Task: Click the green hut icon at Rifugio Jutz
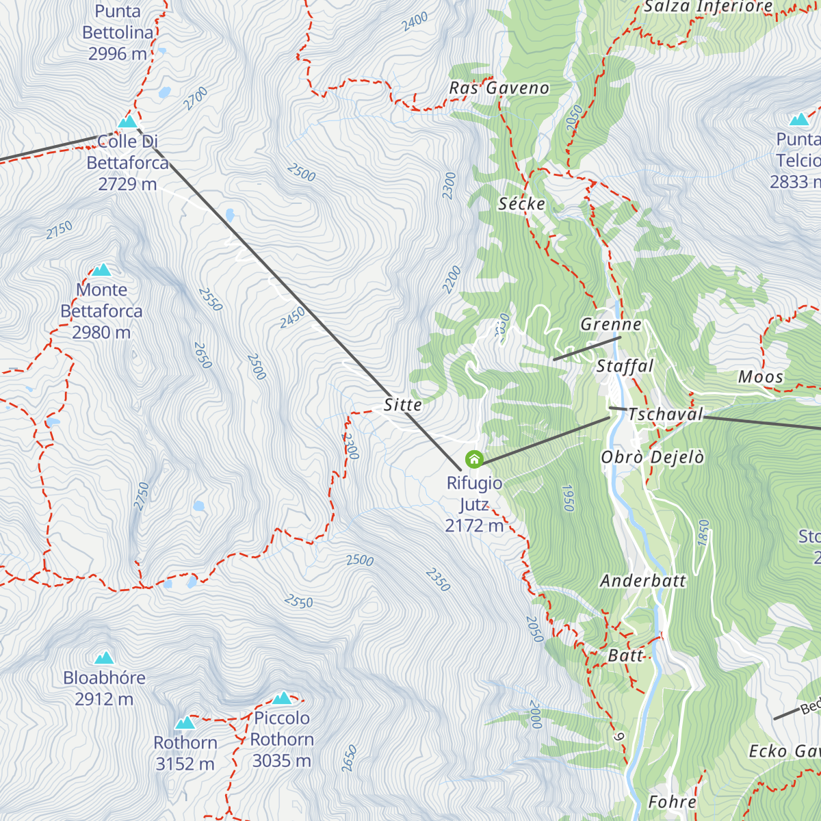tap(474, 459)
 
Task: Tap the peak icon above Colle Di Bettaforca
tap(127, 122)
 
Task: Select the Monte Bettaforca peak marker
tap(102, 270)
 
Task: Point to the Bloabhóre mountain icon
tap(104, 658)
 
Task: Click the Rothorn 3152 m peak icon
tap(185, 723)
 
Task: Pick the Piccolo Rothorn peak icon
tap(282, 699)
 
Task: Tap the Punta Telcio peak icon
tap(798, 120)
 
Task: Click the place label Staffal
tap(625, 367)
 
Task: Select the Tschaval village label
tap(665, 415)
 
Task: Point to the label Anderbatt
tap(642, 581)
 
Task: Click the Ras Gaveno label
tap(499, 88)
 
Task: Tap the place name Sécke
tap(521, 204)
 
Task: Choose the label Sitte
tap(402, 405)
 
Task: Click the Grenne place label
tap(610, 324)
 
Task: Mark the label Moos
tap(760, 377)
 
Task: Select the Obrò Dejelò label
tap(652, 458)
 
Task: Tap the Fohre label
tap(672, 802)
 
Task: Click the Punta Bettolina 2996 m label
tap(118, 32)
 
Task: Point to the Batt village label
tap(625, 655)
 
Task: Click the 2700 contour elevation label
tap(196, 99)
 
